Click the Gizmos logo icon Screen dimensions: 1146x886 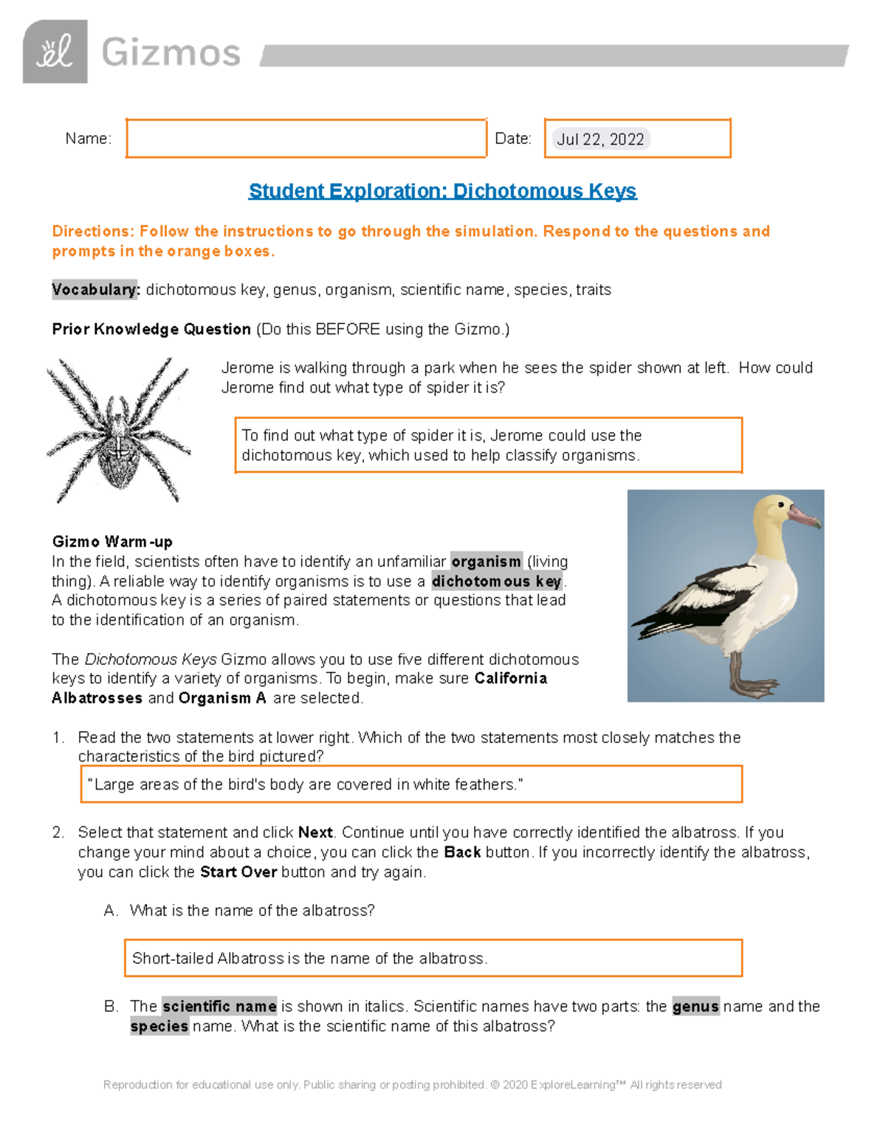click(x=55, y=52)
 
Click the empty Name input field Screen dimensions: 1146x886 click(x=306, y=138)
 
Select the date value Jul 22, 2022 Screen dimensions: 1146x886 click(x=600, y=139)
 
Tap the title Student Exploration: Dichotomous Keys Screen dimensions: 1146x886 click(x=442, y=191)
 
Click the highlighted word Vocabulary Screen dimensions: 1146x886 click(x=95, y=289)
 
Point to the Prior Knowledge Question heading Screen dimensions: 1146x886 click(x=151, y=329)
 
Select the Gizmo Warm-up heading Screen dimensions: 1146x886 click(x=112, y=542)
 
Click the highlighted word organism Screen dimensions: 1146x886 click(x=487, y=562)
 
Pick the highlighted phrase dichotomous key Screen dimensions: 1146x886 click(x=497, y=581)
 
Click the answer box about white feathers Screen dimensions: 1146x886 click(x=411, y=784)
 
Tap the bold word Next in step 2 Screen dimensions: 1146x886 click(x=315, y=832)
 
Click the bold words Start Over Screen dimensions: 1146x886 click(x=238, y=871)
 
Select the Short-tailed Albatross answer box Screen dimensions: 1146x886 click(x=433, y=958)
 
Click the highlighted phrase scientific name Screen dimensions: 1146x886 click(x=219, y=1007)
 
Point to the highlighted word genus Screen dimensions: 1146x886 click(x=695, y=1007)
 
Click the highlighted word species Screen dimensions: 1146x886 click(x=159, y=1026)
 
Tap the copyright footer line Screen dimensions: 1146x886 click(x=412, y=1085)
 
